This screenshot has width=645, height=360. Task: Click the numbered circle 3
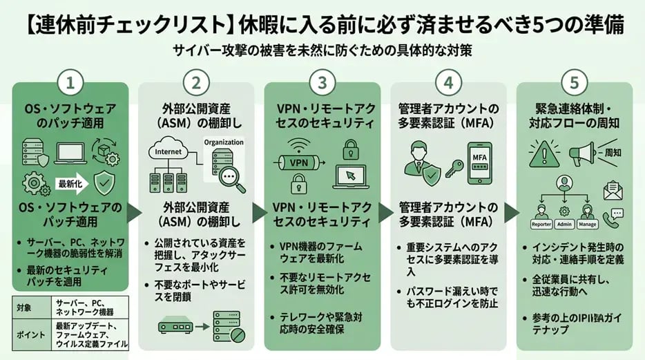322,84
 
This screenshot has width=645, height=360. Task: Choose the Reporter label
542,224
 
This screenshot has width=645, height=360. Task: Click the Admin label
566,224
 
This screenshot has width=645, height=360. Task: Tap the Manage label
587,224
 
